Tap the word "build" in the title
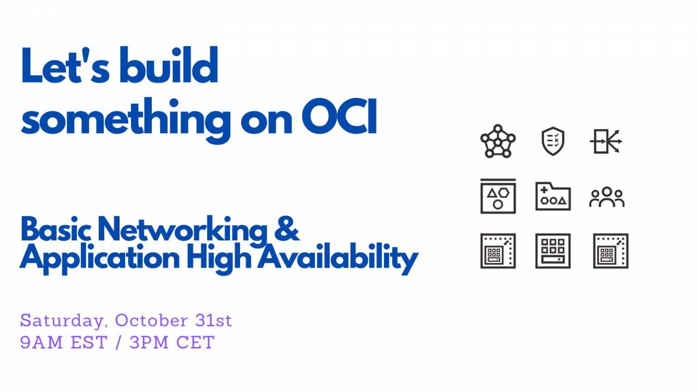pyautogui.click(x=169, y=65)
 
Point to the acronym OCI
pyautogui.click(x=339, y=116)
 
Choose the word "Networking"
pyautogui.click(x=183, y=232)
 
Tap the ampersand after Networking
pyautogui.click(x=287, y=229)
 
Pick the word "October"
pyautogui.click(x=151, y=320)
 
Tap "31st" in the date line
pyautogui.click(x=214, y=320)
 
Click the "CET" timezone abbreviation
pyautogui.click(x=195, y=342)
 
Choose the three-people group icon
pyautogui.click(x=607, y=197)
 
